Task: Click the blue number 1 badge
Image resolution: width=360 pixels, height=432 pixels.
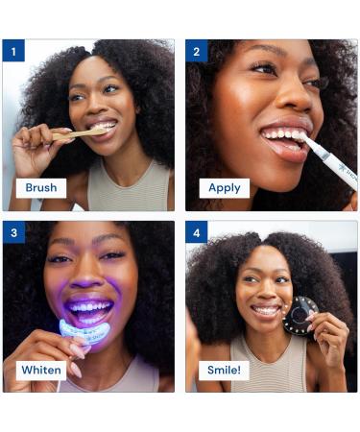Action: coord(13,51)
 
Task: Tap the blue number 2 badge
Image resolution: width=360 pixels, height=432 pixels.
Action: coord(197,51)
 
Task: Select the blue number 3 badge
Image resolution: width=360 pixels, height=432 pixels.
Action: coord(13,232)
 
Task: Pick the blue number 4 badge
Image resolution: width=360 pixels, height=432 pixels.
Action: coord(197,232)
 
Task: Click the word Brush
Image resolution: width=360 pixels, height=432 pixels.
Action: coord(41,188)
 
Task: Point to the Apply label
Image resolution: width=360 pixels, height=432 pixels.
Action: coord(225,188)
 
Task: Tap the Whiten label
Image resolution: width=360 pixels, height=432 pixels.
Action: coord(41,371)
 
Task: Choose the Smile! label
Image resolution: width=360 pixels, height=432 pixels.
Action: coord(224,371)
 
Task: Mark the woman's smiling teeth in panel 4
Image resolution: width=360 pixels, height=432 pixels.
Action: coord(266,310)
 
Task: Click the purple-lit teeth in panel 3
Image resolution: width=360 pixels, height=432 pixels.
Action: coord(89,307)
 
